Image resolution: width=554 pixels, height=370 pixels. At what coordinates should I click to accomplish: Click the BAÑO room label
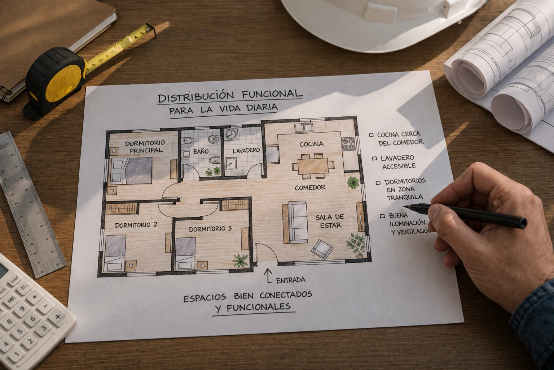[x=201, y=151]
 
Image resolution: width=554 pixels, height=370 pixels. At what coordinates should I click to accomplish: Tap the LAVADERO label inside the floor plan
[x=246, y=150]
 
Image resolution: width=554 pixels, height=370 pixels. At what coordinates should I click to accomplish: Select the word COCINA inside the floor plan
[x=311, y=144]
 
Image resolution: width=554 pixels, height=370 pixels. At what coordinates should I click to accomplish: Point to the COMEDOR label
[x=310, y=188]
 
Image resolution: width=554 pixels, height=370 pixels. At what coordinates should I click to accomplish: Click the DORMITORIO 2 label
[x=136, y=225]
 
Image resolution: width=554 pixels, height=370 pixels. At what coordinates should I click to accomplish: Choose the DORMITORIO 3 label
[x=210, y=229]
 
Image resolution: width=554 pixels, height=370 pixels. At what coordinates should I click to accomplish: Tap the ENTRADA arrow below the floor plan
[x=268, y=276]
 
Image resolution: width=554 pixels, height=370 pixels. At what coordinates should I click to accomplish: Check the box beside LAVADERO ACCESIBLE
[x=374, y=158]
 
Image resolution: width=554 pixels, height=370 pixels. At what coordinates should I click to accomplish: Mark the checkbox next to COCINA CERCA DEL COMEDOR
[x=371, y=135]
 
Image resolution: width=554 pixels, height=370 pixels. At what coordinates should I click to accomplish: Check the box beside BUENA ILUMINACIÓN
[x=382, y=216]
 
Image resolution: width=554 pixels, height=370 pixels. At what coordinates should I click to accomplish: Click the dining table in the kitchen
[x=313, y=166]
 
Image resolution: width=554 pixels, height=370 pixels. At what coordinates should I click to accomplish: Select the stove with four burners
[x=348, y=144]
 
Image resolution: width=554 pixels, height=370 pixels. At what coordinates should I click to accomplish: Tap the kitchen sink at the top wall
[x=304, y=128]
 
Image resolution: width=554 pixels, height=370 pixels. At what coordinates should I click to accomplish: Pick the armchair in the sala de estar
[x=322, y=249]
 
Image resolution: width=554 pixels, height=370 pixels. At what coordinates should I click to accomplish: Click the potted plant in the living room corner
[x=356, y=245]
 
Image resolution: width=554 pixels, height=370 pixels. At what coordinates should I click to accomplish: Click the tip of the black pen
[x=404, y=206]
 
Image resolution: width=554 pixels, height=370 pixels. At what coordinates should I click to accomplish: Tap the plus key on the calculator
[x=58, y=317]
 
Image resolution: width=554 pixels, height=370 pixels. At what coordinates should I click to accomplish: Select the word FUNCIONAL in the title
[x=272, y=94]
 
